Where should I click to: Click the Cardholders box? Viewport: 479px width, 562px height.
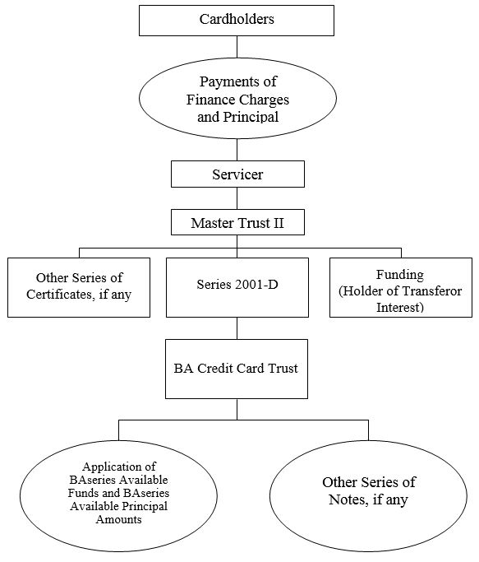(x=237, y=21)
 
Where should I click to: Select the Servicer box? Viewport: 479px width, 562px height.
(x=237, y=174)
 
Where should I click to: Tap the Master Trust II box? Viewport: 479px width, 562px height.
(x=237, y=222)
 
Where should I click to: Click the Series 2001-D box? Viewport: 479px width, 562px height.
(x=237, y=287)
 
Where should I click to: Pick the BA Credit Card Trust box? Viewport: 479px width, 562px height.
(x=237, y=369)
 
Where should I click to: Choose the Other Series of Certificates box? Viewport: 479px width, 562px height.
(x=79, y=287)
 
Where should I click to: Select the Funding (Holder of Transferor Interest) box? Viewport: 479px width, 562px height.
(x=401, y=287)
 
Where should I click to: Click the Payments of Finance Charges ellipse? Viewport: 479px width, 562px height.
(x=237, y=99)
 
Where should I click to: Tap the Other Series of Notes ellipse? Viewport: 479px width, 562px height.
(x=368, y=496)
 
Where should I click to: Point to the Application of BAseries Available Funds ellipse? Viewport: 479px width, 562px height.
(x=118, y=496)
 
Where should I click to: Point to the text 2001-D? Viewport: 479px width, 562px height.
(x=256, y=285)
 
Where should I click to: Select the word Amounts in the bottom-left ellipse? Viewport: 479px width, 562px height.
(x=118, y=519)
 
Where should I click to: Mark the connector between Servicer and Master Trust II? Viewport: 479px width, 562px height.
(x=237, y=198)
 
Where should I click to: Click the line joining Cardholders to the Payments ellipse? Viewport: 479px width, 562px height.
(x=237, y=47)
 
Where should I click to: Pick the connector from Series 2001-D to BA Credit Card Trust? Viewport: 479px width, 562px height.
(x=237, y=328)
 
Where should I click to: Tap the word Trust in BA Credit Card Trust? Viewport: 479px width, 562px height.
(x=283, y=369)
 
